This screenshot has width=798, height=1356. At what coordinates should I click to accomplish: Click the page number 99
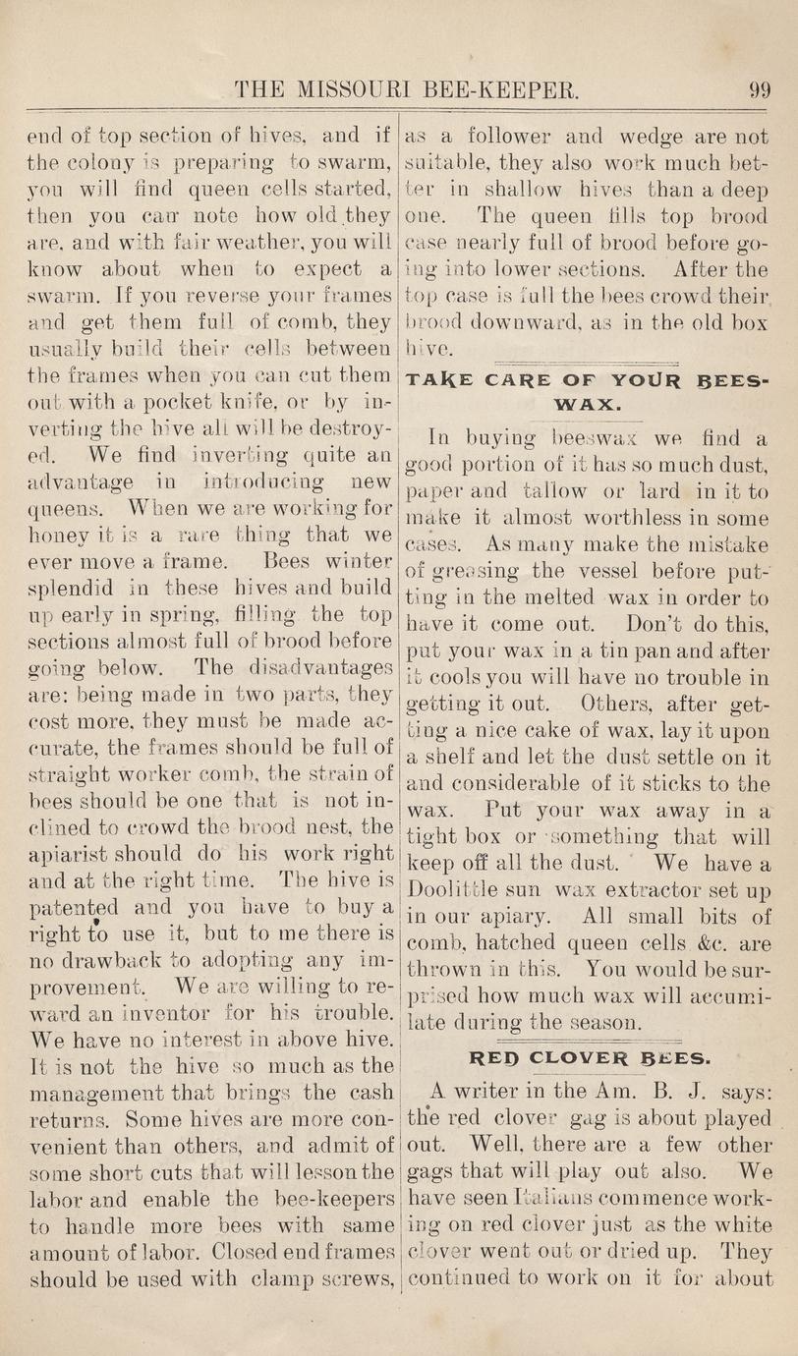click(760, 91)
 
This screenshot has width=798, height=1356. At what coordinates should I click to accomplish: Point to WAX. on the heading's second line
click(589, 403)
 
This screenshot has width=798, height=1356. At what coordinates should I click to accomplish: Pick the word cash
click(370, 1091)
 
